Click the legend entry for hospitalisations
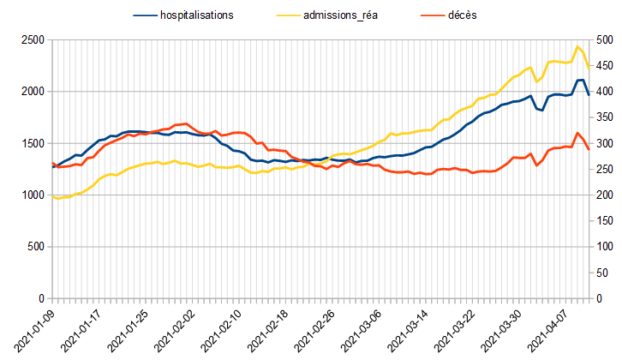[197, 15]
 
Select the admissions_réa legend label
[350, 15]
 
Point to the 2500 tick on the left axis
[33, 40]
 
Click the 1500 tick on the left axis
[33, 144]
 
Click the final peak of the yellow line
[577, 46]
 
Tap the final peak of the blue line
[579, 80]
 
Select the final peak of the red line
[577, 133]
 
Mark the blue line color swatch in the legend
[146, 15]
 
